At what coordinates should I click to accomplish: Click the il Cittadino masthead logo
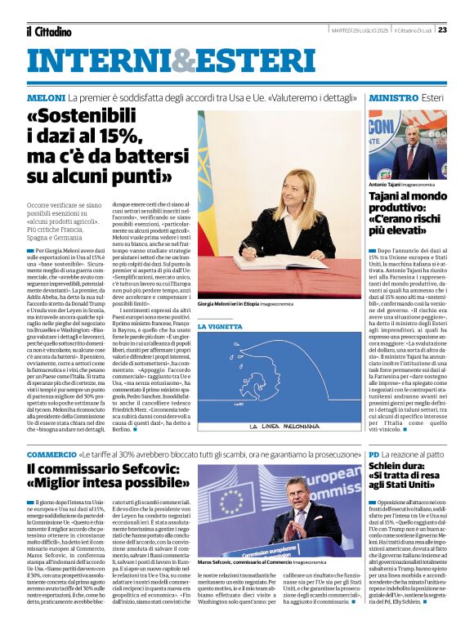click(x=48, y=31)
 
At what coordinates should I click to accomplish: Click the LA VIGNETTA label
click(x=220, y=327)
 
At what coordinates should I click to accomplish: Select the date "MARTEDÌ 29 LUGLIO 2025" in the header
click(x=359, y=30)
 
